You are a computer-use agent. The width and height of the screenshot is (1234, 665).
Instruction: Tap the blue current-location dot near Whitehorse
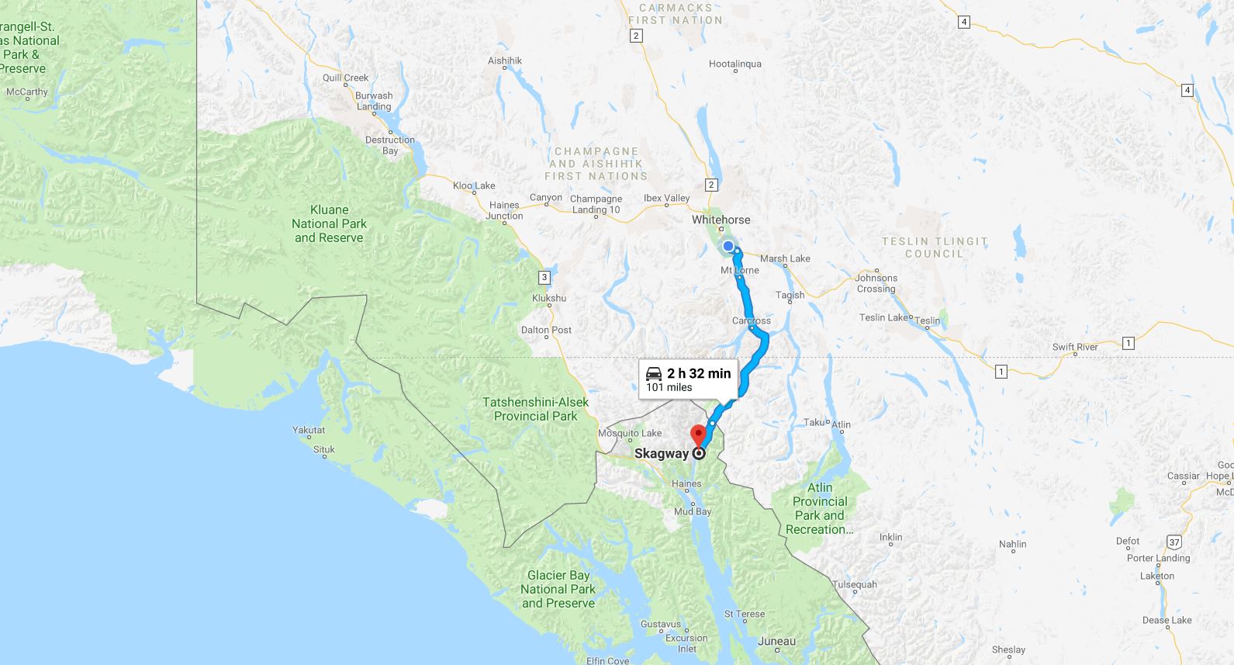[728, 247]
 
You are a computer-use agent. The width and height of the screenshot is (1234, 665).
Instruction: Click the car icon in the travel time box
[654, 373]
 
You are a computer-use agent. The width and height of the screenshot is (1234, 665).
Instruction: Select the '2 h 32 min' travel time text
[698, 373]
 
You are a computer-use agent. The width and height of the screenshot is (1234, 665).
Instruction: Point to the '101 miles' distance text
[669, 387]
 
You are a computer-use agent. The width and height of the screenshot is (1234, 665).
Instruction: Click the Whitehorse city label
[721, 220]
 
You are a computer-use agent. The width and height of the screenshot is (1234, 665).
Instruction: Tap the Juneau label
[776, 641]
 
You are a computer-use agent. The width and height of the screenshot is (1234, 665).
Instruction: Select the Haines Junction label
[504, 210]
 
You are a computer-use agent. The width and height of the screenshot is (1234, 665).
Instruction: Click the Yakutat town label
[309, 430]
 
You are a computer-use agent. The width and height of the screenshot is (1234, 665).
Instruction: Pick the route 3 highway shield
[544, 277]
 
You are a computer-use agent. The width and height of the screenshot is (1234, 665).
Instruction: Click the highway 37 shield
[1174, 542]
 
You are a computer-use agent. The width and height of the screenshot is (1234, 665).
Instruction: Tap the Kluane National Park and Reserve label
[329, 223]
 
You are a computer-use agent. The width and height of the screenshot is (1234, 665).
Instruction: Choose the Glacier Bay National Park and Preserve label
[558, 589]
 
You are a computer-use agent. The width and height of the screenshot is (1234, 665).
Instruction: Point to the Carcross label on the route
[751, 320]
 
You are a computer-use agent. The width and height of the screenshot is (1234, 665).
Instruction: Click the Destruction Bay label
[389, 145]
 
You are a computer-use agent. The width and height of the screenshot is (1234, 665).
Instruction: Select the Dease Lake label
[1167, 620]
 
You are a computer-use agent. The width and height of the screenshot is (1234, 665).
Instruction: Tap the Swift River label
[1075, 347]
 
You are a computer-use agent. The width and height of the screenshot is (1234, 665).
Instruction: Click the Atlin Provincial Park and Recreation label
[820, 508]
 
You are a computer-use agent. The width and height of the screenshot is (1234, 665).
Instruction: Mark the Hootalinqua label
[735, 64]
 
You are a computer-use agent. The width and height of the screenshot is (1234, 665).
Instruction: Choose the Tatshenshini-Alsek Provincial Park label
[535, 409]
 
